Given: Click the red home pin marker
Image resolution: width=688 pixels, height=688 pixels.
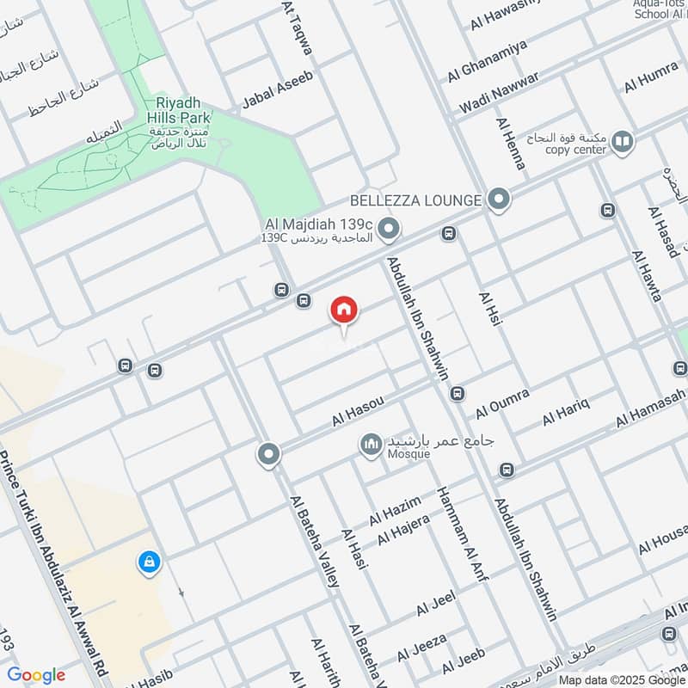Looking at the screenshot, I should coord(344,310).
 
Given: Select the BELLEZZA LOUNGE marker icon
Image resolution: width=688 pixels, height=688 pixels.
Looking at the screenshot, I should coord(498,200).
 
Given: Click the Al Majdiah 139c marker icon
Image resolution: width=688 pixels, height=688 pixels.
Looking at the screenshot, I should coord(389,230).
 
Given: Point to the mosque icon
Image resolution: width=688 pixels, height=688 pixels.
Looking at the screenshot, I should coord(372,445).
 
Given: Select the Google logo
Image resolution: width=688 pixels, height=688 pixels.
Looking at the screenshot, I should coord(36,675).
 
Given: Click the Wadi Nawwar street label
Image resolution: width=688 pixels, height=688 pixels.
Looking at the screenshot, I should coord(499,93).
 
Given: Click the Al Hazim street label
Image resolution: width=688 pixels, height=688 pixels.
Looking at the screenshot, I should coord(395,510).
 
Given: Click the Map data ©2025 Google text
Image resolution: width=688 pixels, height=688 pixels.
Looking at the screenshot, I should coord(622,679).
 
